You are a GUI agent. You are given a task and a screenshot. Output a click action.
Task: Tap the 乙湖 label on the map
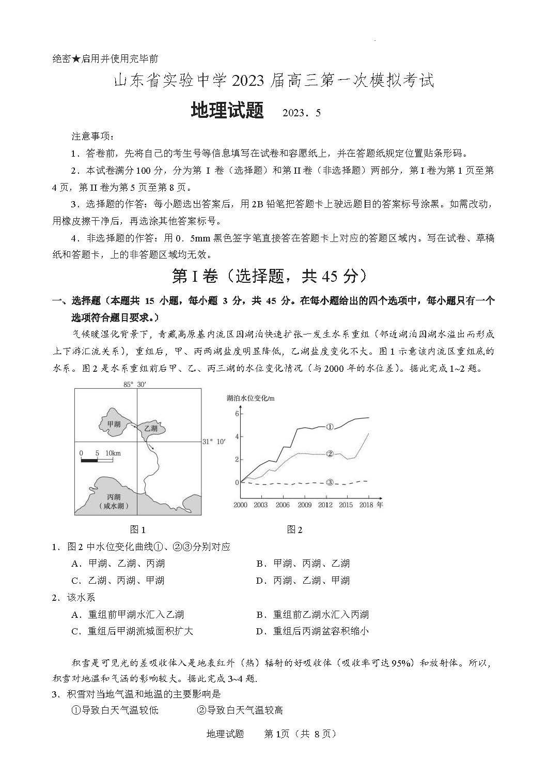(151, 428)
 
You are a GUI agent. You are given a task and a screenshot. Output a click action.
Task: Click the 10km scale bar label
(113, 453)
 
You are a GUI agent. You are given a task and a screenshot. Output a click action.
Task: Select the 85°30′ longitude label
(135, 384)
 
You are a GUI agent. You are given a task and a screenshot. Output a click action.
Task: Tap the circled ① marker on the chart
(330, 427)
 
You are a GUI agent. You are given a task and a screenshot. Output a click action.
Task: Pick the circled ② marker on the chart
(330, 453)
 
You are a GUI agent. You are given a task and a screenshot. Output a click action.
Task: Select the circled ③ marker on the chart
(330, 482)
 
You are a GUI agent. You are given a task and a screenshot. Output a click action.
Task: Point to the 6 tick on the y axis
(237, 414)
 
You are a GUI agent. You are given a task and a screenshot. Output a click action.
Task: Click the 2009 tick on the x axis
(304, 505)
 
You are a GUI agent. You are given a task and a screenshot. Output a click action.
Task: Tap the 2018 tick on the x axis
(366, 505)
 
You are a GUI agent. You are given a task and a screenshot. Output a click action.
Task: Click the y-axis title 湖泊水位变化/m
(251, 398)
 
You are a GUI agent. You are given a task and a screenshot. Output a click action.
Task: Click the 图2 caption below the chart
(294, 529)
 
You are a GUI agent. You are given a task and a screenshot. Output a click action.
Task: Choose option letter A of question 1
(75, 564)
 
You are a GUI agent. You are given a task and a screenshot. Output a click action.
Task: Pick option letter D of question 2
(260, 631)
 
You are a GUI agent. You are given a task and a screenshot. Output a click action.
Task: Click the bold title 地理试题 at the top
(227, 111)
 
